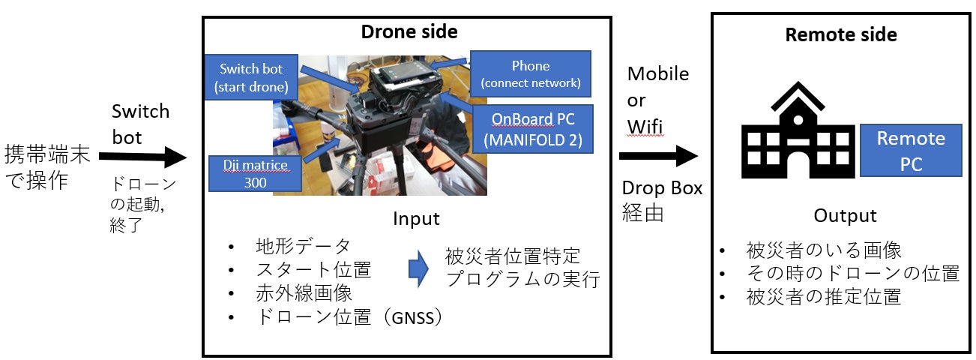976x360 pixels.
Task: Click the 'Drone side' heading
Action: (x=409, y=32)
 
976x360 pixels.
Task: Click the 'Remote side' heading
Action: (x=840, y=34)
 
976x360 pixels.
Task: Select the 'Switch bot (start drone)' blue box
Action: (x=250, y=78)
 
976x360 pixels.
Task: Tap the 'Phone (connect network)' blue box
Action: (x=530, y=73)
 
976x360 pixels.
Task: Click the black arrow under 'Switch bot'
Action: (x=142, y=157)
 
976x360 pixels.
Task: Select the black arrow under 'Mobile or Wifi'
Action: (x=659, y=156)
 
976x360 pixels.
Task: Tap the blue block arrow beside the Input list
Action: (x=418, y=269)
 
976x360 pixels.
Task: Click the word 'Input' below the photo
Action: (x=416, y=219)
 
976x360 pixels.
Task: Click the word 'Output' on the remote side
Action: (x=845, y=216)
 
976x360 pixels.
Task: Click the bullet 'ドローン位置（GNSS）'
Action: (x=349, y=317)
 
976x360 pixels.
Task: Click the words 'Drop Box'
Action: (x=662, y=188)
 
